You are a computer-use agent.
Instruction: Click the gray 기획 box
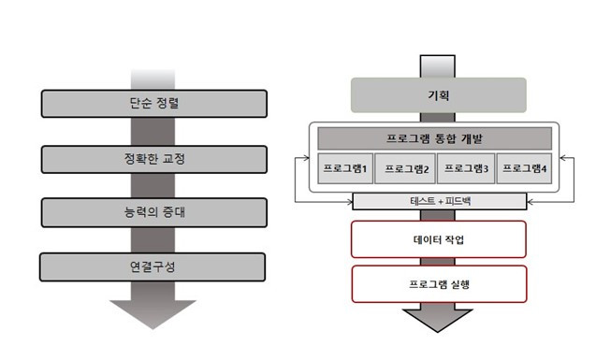(x=438, y=95)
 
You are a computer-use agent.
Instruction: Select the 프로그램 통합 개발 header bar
(x=435, y=137)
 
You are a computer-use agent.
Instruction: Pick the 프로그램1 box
(x=346, y=169)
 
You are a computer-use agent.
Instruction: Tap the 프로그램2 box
(x=406, y=169)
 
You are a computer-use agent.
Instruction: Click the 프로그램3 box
(x=467, y=169)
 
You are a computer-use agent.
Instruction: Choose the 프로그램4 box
(x=526, y=169)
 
